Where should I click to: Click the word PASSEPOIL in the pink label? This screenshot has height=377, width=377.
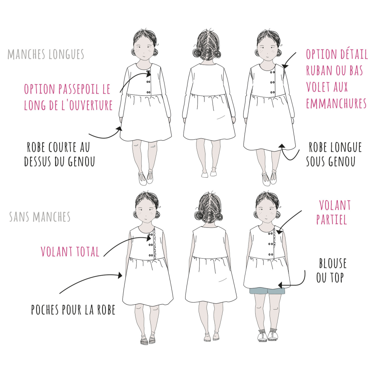(x=79, y=89)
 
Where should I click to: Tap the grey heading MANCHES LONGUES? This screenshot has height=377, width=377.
(x=46, y=54)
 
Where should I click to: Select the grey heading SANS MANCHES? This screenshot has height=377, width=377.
(x=40, y=217)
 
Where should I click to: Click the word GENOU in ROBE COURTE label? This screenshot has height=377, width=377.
(x=81, y=162)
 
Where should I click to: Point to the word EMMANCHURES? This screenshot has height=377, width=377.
(x=336, y=104)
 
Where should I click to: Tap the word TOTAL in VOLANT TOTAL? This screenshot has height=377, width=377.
(x=88, y=252)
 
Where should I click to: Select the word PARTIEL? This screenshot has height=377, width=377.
(x=331, y=219)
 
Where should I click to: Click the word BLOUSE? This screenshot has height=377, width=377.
(x=333, y=263)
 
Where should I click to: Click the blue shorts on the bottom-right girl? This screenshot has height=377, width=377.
(x=267, y=291)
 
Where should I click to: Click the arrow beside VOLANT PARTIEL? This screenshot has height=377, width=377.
(x=288, y=222)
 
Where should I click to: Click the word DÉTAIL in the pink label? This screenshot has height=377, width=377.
(x=353, y=54)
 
